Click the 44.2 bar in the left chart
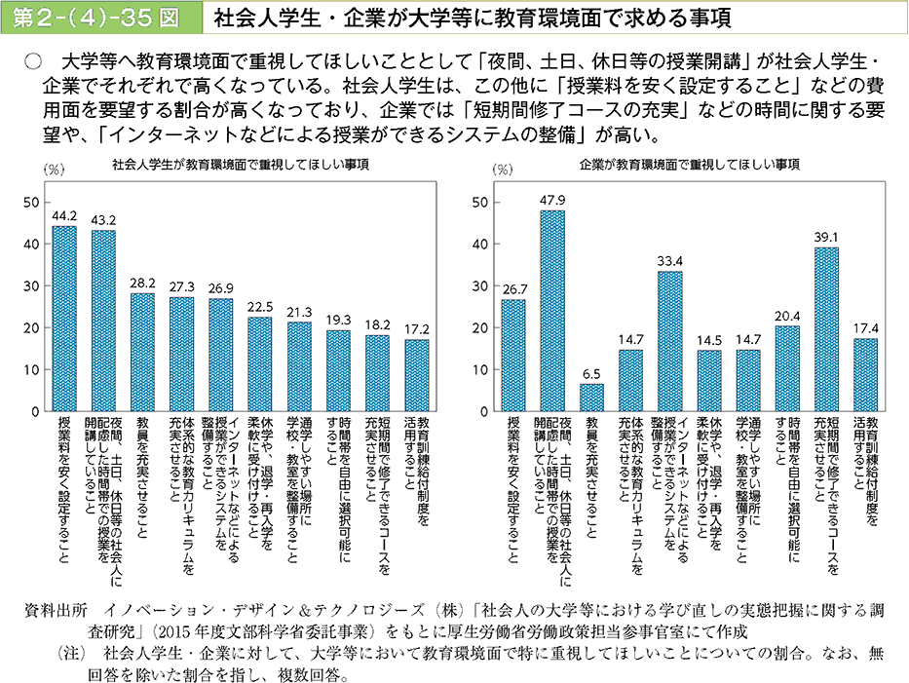(64, 319)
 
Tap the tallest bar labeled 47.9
(552, 311)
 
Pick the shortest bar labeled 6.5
(591, 398)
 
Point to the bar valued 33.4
(670, 341)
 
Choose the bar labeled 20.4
(787, 368)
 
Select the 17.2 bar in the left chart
(417, 375)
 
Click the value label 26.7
(513, 289)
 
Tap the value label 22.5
(260, 307)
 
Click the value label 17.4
(865, 328)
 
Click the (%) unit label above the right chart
(503, 169)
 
